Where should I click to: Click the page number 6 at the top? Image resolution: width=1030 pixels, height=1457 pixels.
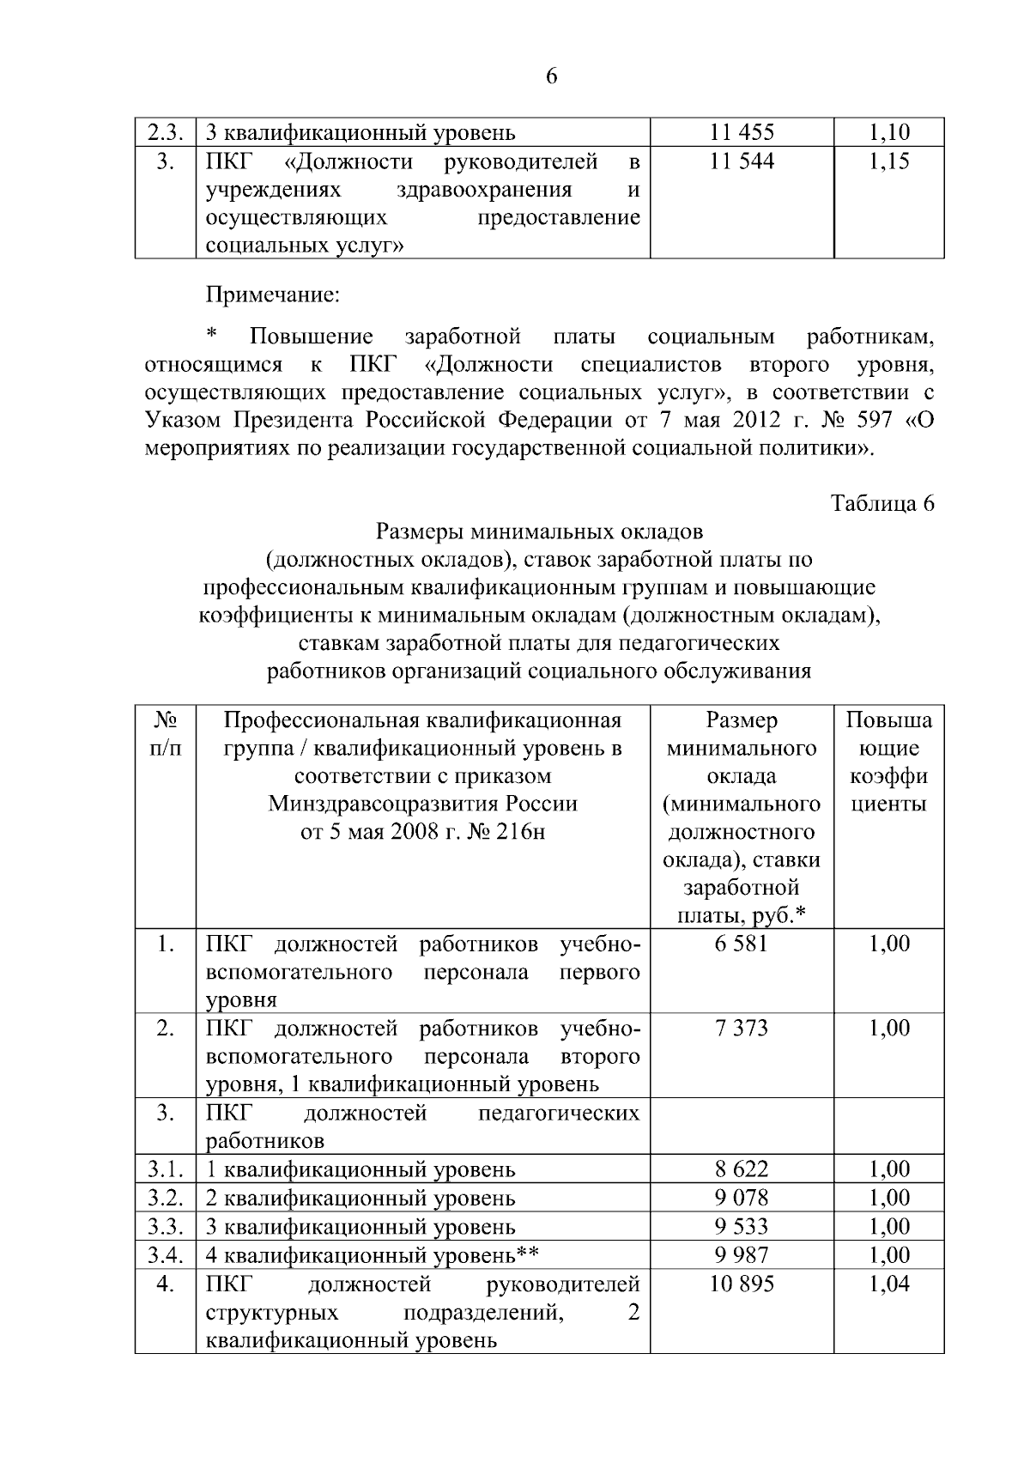tap(551, 77)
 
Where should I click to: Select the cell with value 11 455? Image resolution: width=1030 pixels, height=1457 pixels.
tap(742, 132)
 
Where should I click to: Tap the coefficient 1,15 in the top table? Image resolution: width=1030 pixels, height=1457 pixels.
tap(888, 161)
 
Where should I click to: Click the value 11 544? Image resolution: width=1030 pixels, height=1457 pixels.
tap(742, 161)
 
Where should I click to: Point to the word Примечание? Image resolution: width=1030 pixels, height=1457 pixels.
tap(273, 296)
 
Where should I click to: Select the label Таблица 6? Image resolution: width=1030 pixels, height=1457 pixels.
tap(882, 504)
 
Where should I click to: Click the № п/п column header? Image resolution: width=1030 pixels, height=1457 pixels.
tap(166, 734)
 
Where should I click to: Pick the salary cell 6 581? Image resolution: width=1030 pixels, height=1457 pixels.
tap(742, 944)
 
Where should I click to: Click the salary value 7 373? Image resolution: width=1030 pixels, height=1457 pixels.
tap(742, 1028)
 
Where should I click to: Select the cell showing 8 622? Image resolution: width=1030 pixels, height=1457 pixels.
tap(742, 1169)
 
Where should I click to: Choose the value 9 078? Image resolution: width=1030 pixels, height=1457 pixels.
tap(742, 1197)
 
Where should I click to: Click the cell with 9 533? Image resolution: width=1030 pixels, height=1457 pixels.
tap(742, 1226)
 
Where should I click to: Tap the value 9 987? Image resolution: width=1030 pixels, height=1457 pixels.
tap(742, 1254)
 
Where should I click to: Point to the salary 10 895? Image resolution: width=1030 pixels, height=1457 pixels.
tap(742, 1284)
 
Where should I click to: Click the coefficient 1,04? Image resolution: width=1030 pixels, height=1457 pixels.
tap(888, 1284)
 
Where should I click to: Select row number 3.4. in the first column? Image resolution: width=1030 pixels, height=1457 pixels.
tap(166, 1255)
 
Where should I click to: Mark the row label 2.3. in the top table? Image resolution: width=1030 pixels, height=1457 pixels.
tap(166, 133)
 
